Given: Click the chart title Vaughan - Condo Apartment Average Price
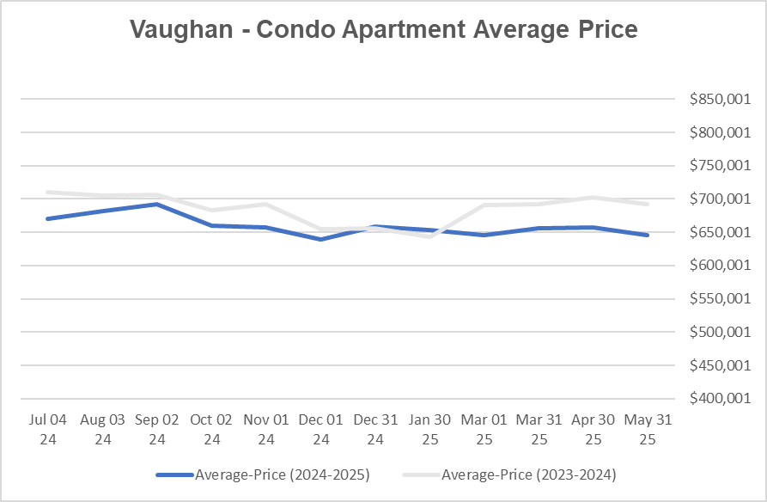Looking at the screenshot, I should pyautogui.click(x=383, y=29).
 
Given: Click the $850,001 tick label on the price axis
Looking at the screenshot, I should pyautogui.click(x=720, y=100).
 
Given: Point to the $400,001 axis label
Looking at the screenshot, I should pyautogui.click(x=720, y=399).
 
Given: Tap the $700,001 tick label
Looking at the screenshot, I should pyautogui.click(x=720, y=199).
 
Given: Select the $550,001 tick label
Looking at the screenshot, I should pyautogui.click(x=720, y=299).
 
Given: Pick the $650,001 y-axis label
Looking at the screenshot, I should pyautogui.click(x=720, y=233).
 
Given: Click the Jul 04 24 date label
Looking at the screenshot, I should pyautogui.click(x=48, y=429).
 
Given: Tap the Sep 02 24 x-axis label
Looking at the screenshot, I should pyautogui.click(x=157, y=429).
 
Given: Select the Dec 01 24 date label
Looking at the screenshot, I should pyautogui.click(x=321, y=429).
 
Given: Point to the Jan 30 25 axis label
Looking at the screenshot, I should pyautogui.click(x=430, y=429).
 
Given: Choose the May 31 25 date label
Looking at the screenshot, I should pyautogui.click(x=648, y=429).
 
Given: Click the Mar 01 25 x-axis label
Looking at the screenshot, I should pyautogui.click(x=485, y=429).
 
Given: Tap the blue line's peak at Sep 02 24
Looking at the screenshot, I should pyautogui.click(x=157, y=204).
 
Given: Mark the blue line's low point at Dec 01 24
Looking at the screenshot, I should pyautogui.click(x=321, y=239).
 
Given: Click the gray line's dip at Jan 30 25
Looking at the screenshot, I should pyautogui.click(x=430, y=236).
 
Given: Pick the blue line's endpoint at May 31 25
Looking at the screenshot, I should pyautogui.click(x=648, y=235).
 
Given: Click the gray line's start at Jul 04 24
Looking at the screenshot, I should pyautogui.click(x=48, y=192).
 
